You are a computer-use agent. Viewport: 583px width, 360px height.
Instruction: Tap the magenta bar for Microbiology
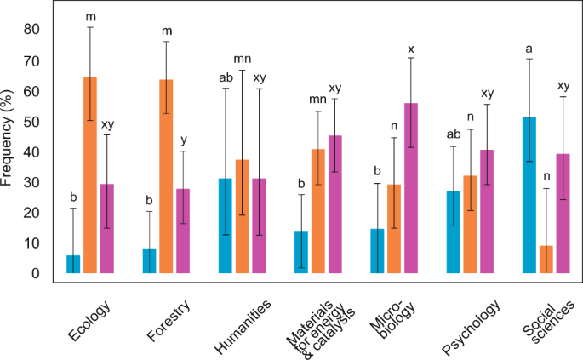tap(411, 188)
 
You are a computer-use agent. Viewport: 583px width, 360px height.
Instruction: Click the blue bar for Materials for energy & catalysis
tap(301, 252)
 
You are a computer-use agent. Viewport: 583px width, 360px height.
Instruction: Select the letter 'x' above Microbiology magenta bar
tap(411, 49)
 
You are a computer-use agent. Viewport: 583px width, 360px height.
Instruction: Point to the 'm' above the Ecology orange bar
tap(90, 18)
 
